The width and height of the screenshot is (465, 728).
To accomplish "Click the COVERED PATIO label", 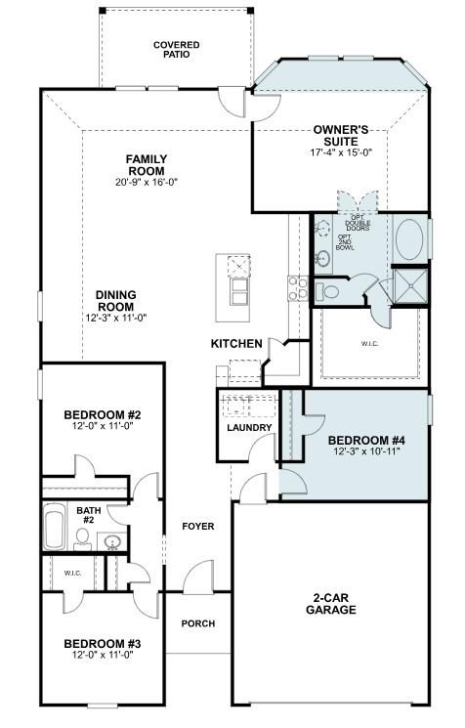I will tap(177, 50).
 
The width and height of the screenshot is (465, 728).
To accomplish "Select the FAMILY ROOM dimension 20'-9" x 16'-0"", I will tap(147, 182).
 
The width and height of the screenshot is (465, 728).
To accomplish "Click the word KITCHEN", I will tap(236, 344).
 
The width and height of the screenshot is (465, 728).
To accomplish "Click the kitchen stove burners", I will tap(297, 287).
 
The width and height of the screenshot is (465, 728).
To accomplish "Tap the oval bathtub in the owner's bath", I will tap(409, 239).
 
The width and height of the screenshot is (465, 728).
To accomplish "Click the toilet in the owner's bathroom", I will tap(329, 290).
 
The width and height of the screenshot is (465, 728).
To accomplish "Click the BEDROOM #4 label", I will tap(366, 441).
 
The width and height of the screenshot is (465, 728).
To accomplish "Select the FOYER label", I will tap(198, 527).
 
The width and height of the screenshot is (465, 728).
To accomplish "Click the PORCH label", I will tap(198, 623).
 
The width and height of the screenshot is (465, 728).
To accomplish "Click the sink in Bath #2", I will tap(111, 542).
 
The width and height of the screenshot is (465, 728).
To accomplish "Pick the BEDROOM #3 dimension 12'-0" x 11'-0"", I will tap(103, 656).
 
